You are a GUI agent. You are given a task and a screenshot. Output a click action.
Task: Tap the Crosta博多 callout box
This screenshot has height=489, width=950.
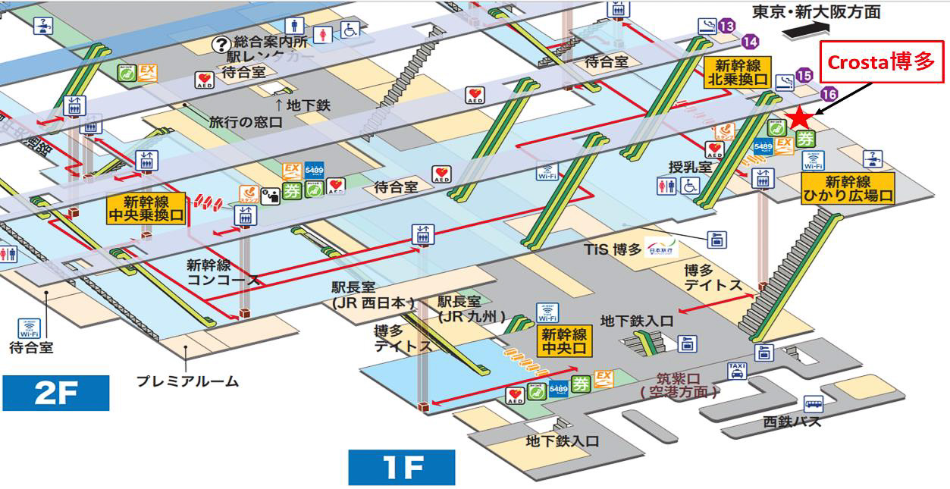point(883,62)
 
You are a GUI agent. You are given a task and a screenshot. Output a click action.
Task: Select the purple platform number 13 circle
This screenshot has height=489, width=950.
point(727,27)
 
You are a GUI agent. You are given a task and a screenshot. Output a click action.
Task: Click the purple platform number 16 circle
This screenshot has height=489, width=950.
point(829,95)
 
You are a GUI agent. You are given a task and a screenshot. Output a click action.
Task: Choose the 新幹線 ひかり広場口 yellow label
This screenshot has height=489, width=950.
point(848,188)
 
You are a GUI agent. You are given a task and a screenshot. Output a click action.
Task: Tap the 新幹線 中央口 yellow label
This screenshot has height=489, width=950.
point(564,342)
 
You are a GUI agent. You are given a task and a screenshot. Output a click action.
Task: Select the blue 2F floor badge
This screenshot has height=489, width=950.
point(56,394)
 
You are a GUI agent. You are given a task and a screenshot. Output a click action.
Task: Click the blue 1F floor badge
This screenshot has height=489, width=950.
point(401,468)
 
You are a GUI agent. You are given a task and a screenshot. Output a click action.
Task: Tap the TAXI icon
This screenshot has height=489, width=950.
point(737,371)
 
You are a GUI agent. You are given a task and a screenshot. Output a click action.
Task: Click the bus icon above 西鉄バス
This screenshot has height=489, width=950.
point(814,403)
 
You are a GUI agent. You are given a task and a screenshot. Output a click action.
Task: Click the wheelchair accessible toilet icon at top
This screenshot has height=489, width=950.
point(350,30)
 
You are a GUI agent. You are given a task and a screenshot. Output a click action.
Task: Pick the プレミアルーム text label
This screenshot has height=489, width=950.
point(187,381)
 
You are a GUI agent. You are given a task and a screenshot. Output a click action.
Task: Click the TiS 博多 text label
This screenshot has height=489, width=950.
point(613,249)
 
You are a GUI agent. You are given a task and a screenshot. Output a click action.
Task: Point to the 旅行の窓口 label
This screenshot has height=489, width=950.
point(246,121)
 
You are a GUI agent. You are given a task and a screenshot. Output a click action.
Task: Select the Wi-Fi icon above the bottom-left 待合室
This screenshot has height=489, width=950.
point(28,328)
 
